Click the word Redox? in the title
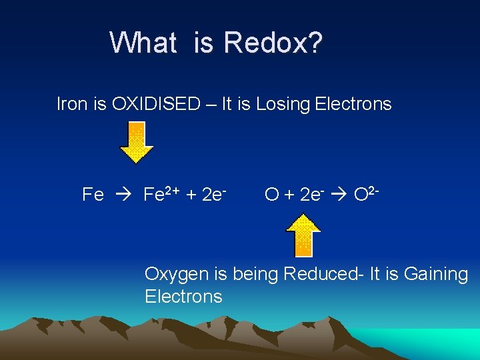point(274,43)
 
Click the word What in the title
point(143,43)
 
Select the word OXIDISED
point(156,104)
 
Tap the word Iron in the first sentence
point(71,104)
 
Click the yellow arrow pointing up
point(303,235)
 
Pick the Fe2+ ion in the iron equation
point(161,194)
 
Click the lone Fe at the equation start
point(93,195)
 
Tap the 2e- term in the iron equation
point(215,194)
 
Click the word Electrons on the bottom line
point(183,296)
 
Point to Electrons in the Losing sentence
point(353,104)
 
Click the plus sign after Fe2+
point(191,195)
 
